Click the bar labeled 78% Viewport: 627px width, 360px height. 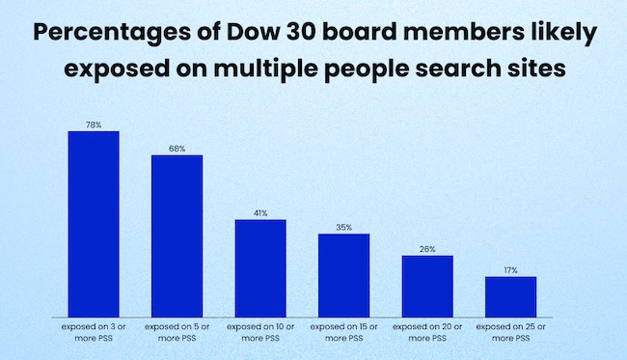tap(94, 224)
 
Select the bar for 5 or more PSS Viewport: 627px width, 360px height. tap(177, 235)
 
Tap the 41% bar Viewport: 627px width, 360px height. tap(260, 268)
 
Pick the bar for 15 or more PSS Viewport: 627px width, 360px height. tap(344, 275)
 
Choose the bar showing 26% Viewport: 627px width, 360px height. tap(427, 287)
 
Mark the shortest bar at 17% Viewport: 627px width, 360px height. tap(511, 297)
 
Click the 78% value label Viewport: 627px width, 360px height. tap(94, 125)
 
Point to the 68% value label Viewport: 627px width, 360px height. tap(177, 149)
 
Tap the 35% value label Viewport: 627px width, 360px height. tap(344, 228)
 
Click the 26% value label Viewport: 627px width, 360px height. tap(427, 249)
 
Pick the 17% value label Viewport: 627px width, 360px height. tap(511, 271)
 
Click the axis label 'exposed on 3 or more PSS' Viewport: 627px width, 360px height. tap(94, 332)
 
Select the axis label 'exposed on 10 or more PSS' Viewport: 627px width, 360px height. tap(260, 332)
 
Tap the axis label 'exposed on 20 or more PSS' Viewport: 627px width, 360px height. tap(427, 332)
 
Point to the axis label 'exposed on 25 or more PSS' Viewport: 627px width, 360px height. tap(511, 332)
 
